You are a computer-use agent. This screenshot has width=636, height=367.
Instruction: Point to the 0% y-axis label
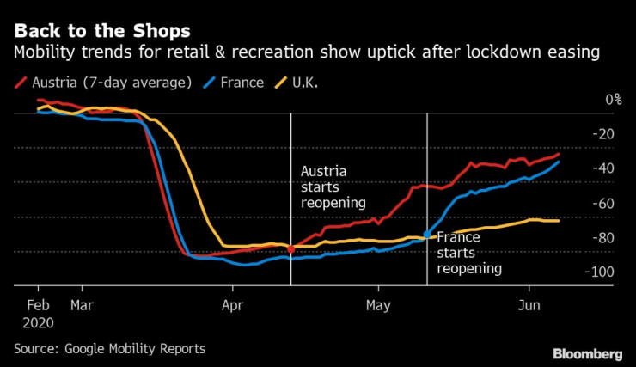point(613,100)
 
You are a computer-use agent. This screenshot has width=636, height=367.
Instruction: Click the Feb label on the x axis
point(38,304)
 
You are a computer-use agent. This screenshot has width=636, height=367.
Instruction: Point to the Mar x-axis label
point(82,304)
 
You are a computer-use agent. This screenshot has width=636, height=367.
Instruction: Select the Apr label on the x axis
point(232,304)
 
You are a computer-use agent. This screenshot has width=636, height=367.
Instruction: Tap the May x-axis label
point(378,304)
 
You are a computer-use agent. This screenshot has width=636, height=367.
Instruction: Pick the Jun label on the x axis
point(529,304)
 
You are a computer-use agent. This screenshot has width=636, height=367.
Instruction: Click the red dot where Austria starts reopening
point(290,249)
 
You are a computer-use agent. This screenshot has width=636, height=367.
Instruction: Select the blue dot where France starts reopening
point(427,234)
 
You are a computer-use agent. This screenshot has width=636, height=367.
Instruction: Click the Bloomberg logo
point(587,353)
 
